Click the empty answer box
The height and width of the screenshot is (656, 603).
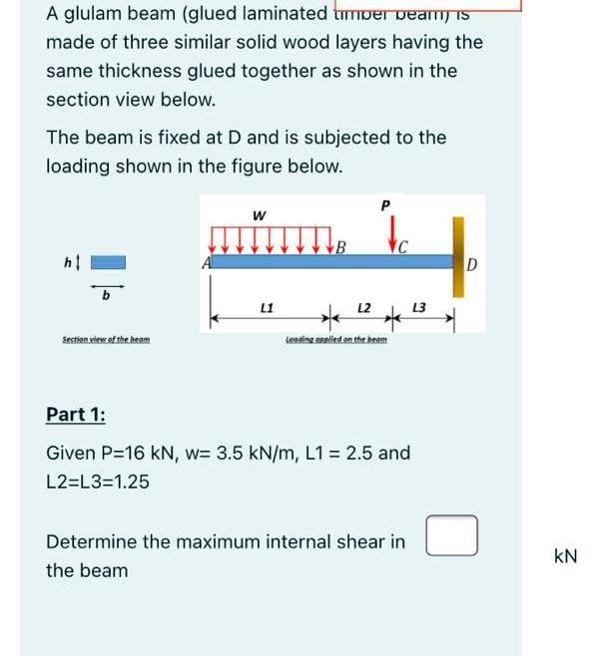(x=451, y=535)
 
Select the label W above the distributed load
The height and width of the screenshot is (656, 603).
(x=260, y=215)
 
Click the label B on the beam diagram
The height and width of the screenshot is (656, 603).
(x=341, y=247)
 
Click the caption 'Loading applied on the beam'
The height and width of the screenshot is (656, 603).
(x=335, y=341)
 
